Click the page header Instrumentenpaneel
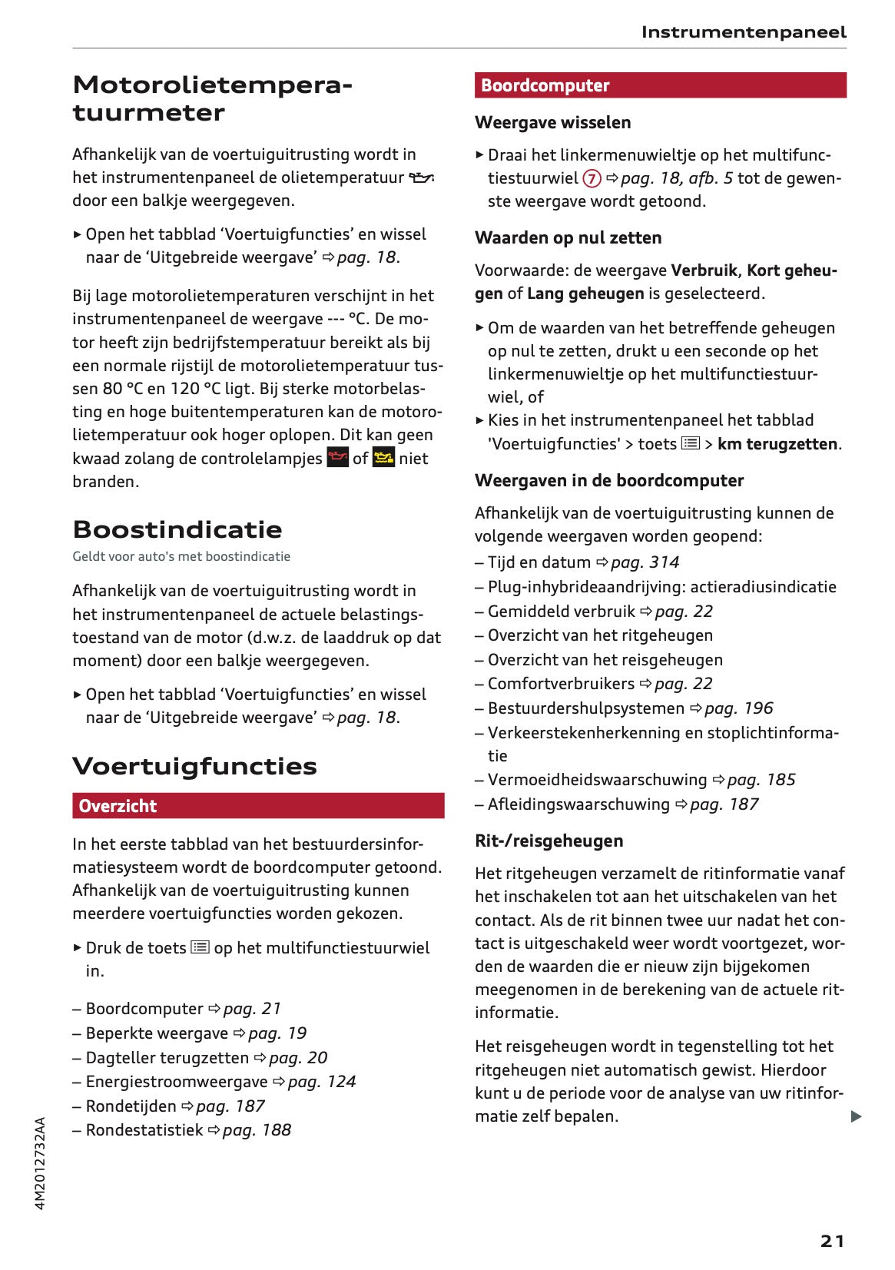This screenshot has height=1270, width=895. [743, 32]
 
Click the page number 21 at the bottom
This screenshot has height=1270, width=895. [832, 1241]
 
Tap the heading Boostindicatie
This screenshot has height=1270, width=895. [177, 529]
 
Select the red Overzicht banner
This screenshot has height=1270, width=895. [258, 806]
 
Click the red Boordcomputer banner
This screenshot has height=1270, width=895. [660, 85]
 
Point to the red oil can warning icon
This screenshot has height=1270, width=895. [338, 458]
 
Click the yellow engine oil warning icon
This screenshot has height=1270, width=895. [383, 458]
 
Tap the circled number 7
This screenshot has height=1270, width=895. [592, 178]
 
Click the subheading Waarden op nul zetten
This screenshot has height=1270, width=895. [568, 237]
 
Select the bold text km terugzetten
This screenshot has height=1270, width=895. [777, 444]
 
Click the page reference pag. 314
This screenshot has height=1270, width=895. [645, 562]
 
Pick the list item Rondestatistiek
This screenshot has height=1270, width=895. [144, 1130]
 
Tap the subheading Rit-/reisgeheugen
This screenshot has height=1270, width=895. [549, 841]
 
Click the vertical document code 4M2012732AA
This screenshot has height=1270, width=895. [41, 1163]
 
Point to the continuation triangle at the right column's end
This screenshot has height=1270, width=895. [856, 1116]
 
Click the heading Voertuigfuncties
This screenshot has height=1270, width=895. [194, 766]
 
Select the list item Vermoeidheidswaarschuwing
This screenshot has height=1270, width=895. [597, 780]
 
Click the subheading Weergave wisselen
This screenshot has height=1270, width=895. [552, 122]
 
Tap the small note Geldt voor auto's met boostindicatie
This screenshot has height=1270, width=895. [181, 556]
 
